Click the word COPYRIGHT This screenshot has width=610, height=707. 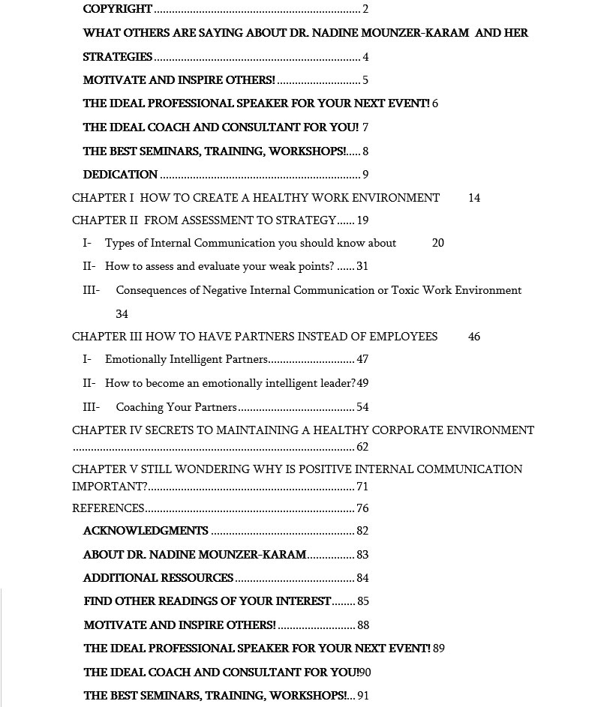point(118,10)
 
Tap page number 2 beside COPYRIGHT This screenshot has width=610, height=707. point(365,10)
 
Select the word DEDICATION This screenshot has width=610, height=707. point(120,175)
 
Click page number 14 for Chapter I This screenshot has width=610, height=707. point(474,198)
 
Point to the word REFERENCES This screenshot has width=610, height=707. point(108,508)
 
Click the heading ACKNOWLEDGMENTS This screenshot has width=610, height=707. point(146,531)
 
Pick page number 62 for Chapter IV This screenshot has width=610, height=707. point(362,447)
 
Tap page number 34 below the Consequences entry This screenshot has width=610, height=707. point(122,314)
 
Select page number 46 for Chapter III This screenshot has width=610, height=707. point(474,337)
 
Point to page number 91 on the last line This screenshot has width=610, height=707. point(363,695)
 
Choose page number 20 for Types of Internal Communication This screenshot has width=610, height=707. point(438,243)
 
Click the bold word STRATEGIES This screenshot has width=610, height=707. point(118,57)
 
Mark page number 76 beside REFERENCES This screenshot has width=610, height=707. point(362,508)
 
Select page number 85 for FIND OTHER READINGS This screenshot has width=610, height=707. point(363,601)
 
